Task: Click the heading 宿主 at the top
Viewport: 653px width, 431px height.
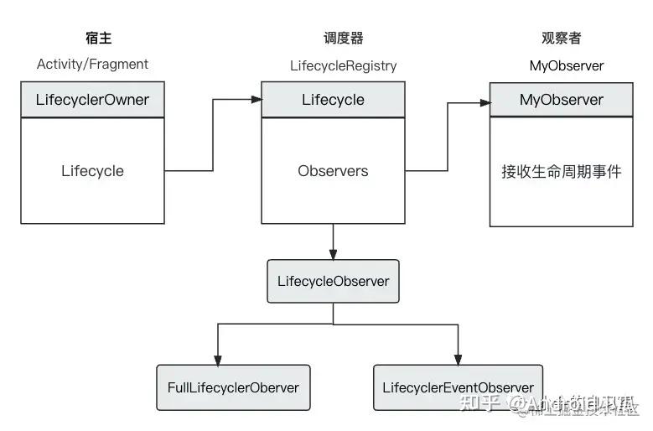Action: [98, 38]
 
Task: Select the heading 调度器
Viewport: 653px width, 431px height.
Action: [343, 38]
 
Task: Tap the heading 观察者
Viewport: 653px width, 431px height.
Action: [561, 38]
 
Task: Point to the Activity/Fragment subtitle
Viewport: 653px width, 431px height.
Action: [92, 64]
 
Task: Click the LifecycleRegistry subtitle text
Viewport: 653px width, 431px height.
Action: [344, 65]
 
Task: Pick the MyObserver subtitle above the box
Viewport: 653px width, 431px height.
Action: [566, 65]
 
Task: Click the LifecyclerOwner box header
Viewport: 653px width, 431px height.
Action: [92, 100]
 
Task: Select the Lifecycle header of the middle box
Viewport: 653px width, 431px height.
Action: [333, 100]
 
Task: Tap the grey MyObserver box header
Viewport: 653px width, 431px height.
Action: [561, 100]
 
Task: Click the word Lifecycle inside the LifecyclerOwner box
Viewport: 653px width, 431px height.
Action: [92, 171]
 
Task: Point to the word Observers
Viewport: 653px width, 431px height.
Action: [333, 171]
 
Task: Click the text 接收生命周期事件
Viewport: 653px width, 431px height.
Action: [561, 172]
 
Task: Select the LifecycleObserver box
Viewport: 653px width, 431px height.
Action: [333, 281]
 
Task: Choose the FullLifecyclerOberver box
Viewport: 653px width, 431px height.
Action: [233, 387]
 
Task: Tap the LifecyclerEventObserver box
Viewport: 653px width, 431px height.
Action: [458, 387]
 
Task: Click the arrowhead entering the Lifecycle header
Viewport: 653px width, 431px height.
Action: [256, 100]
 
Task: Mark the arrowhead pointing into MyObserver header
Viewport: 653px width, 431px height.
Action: [485, 103]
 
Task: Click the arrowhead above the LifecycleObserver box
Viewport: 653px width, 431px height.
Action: [333, 254]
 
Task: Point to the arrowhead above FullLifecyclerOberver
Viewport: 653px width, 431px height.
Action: [217, 359]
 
